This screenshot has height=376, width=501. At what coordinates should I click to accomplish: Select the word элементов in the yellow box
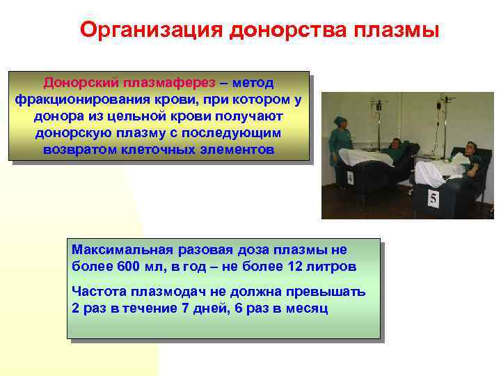240,150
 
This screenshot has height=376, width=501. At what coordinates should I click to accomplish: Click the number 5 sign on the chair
434,200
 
